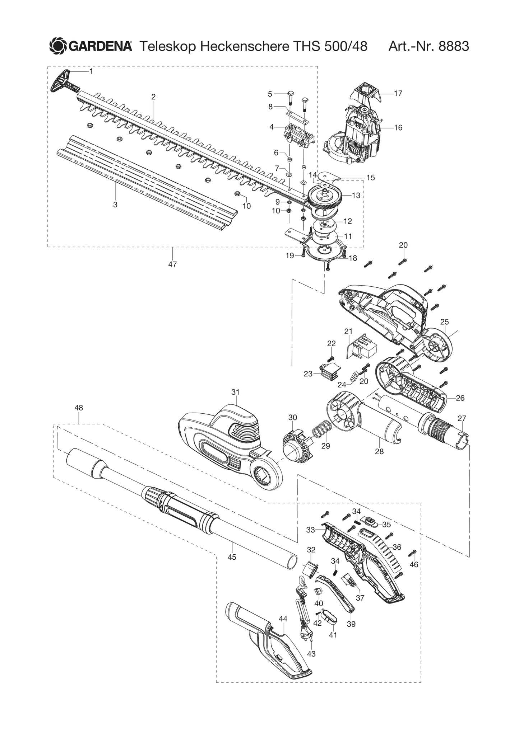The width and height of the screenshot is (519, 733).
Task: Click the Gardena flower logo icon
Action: coord(58,46)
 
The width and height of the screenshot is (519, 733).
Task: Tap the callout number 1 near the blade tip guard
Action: coord(91,71)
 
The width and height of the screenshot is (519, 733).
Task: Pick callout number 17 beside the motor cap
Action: coord(398,93)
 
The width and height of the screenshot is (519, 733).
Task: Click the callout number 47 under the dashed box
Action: coord(172,264)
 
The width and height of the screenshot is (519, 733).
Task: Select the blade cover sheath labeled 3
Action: coord(144,179)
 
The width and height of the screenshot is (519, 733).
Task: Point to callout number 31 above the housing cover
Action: coord(235,393)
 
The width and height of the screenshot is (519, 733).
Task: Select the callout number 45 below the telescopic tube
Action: coord(232,557)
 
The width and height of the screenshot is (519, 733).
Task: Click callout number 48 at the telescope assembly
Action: coord(78,408)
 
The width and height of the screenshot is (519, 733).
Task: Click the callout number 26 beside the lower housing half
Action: coord(460,398)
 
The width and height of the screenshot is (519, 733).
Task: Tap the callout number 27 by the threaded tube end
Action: coord(462,418)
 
